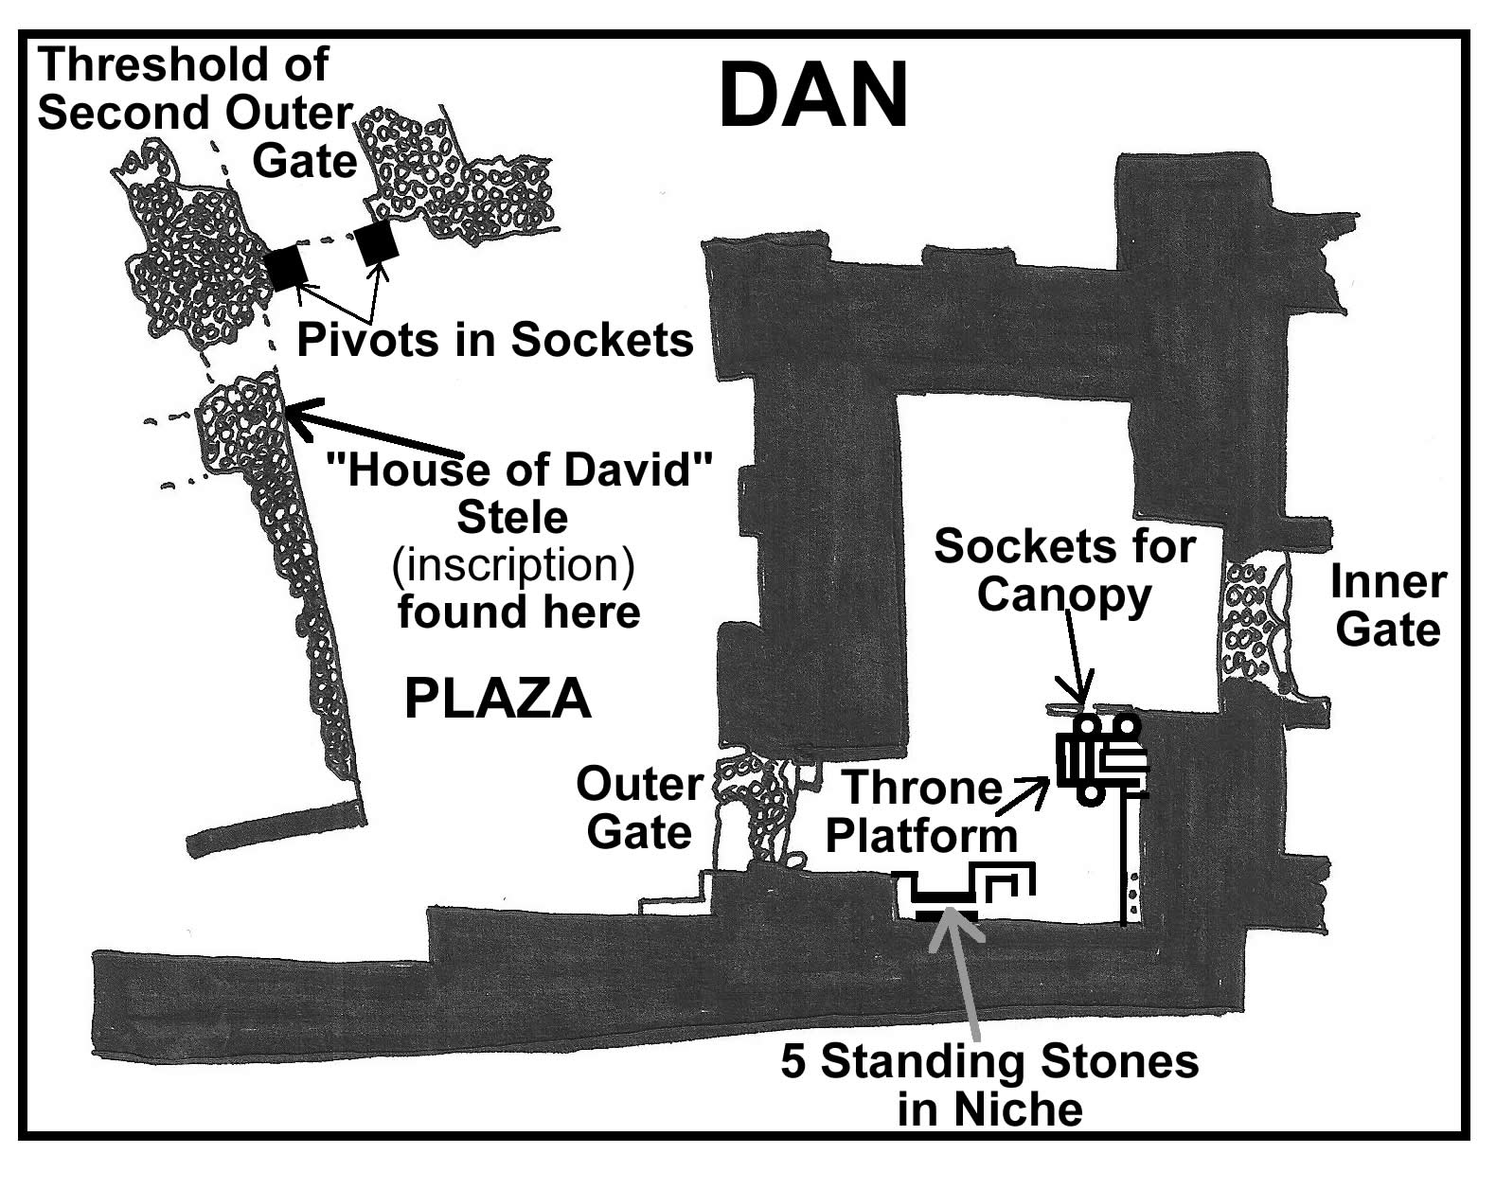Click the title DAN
point(813,96)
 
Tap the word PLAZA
point(498,700)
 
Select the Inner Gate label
point(1388,606)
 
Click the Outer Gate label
point(639,808)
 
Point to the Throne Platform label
point(921,811)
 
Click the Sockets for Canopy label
point(1064,571)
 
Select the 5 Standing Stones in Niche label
point(989,1085)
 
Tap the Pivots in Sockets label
point(495,340)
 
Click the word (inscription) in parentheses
point(512,564)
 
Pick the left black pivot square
point(285,268)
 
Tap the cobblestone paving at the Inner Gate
point(1251,620)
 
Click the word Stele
point(512,517)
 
